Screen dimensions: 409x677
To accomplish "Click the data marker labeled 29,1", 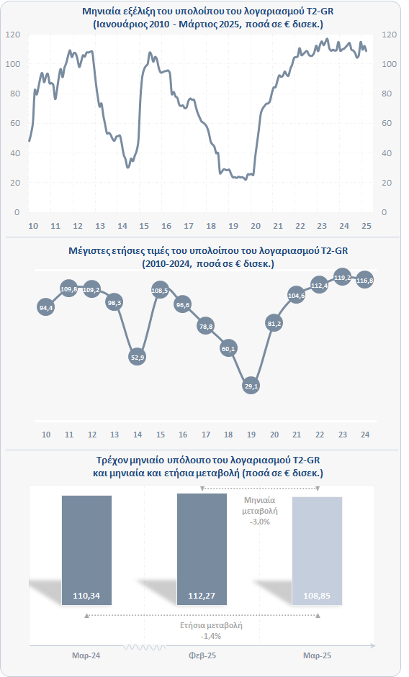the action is [251, 386].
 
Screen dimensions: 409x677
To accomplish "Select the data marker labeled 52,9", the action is [137, 357].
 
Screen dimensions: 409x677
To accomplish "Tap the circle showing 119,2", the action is [343, 278].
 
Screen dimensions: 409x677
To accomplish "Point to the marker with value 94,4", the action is [46, 307].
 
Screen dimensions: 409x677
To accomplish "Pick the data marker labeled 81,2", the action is [274, 323].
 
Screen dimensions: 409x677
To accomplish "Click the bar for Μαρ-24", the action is [86, 550].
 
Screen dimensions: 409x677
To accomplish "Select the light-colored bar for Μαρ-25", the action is [317, 551].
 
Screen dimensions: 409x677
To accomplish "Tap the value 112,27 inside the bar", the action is [202, 596].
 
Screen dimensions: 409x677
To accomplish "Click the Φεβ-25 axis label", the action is [202, 655].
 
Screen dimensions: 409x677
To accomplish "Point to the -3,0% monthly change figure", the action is [260, 522].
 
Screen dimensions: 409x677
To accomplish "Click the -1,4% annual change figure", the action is [211, 636].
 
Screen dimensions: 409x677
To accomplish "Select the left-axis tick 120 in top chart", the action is [13, 35].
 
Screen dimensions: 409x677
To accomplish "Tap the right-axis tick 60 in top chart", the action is [387, 123].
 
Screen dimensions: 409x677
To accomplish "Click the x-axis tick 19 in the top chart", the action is [233, 226].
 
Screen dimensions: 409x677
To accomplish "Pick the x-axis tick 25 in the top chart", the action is [367, 226].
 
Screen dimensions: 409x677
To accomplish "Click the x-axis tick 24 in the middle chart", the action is [365, 435].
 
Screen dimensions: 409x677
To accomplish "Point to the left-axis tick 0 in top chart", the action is [17, 212].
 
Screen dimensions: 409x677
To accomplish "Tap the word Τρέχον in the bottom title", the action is [111, 460].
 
